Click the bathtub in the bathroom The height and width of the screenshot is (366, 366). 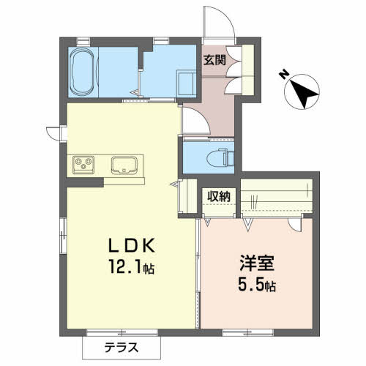82,72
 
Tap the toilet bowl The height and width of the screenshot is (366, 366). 216,157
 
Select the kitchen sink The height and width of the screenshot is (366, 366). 124,165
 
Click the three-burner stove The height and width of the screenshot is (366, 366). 83,165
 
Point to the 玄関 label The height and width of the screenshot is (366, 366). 214,60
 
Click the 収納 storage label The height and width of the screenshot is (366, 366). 219,196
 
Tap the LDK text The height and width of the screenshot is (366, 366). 132,245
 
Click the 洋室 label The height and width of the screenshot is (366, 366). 257,263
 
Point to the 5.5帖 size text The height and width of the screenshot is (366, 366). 257,285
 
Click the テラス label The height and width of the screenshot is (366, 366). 122,348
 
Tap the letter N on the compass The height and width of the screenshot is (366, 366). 283,74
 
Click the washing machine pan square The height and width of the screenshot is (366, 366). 187,83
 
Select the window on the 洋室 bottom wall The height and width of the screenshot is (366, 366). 247,332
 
